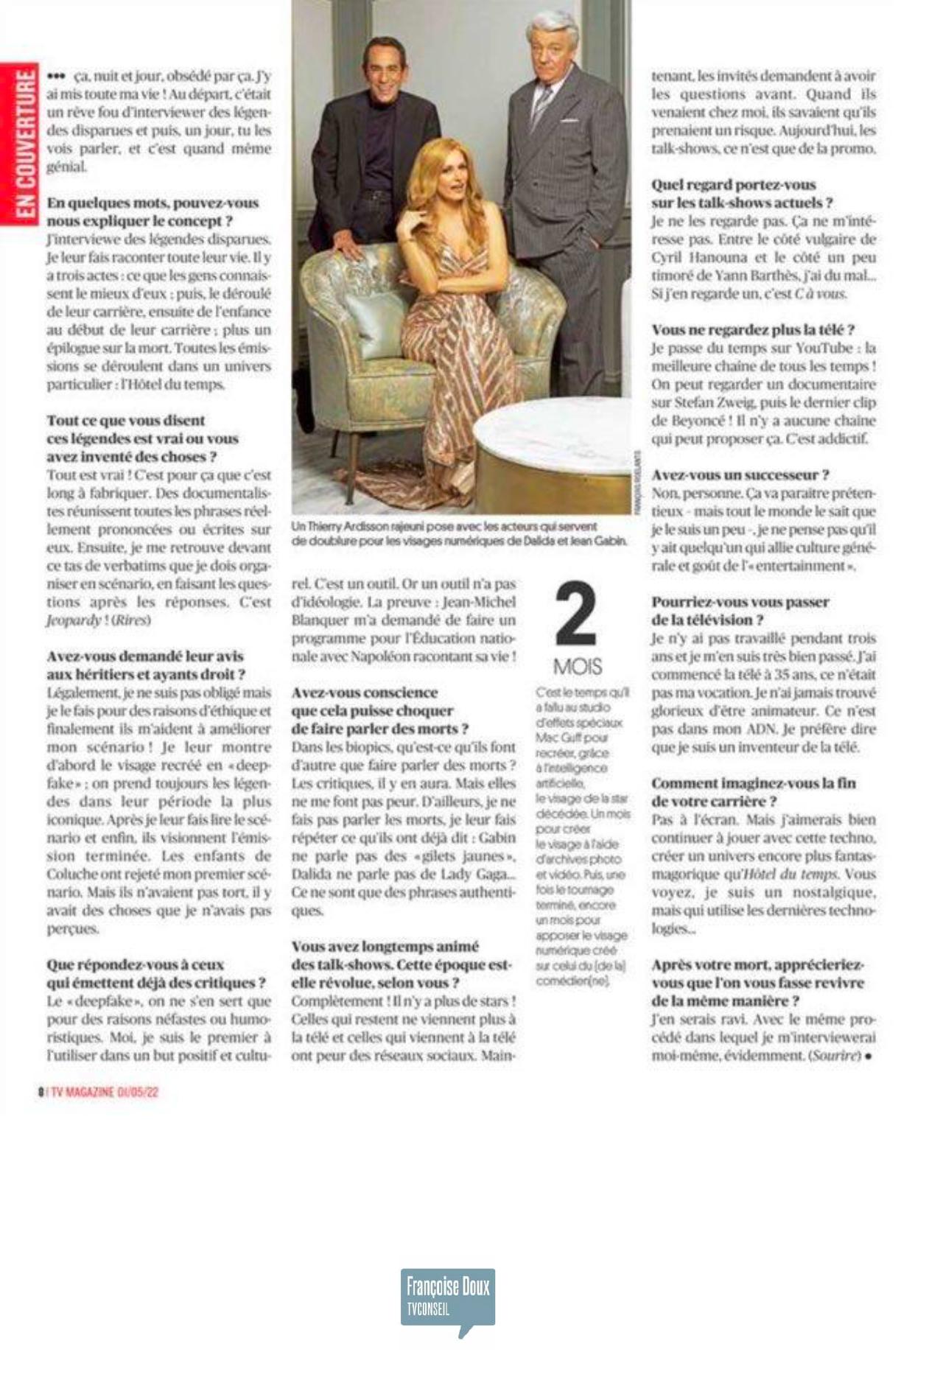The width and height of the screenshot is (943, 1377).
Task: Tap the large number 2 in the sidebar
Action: (575, 614)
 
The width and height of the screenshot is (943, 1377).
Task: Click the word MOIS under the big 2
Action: (577, 667)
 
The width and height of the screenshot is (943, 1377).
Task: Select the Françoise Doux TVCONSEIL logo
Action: (447, 1300)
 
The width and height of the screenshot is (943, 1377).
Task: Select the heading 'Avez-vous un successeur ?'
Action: (740, 475)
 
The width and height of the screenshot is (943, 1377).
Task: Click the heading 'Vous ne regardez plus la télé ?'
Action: (752, 329)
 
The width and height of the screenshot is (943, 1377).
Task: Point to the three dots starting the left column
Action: (56, 76)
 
